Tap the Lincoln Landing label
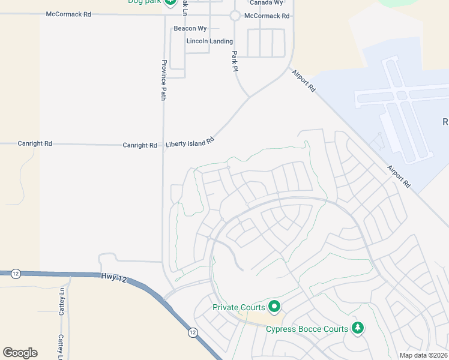coord(209,41)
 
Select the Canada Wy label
coord(266,3)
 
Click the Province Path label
coord(163,79)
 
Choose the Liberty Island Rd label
coord(190,143)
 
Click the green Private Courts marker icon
coord(274,307)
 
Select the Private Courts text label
coord(239,308)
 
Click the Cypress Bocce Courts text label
coord(307,329)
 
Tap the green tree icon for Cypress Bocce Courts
coord(358,328)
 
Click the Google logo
coord(20,353)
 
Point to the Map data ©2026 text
coord(423,355)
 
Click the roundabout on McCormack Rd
coord(235,16)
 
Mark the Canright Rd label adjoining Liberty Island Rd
coord(140,145)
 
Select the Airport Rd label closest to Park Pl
coord(304,80)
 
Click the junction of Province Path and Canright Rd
coord(163,145)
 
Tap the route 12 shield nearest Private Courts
coord(192,332)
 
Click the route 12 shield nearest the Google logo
coord(16,274)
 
